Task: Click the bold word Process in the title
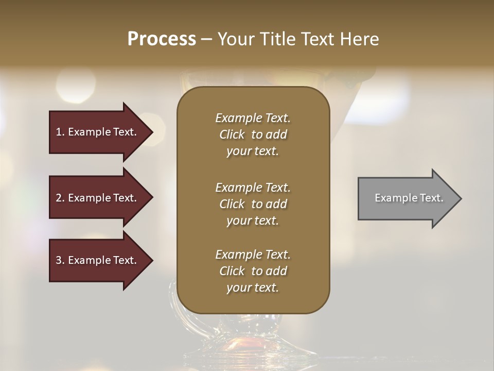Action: [162, 39]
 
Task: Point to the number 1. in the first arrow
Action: [60, 132]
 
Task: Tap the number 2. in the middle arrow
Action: [60, 198]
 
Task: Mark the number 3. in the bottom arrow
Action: [60, 260]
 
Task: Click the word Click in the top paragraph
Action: [232, 134]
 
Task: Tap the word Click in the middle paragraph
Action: [232, 204]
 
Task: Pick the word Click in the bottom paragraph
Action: [232, 271]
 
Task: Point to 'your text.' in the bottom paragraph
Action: [253, 288]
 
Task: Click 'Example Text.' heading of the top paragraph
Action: [253, 118]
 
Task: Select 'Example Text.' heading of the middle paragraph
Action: [253, 188]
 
